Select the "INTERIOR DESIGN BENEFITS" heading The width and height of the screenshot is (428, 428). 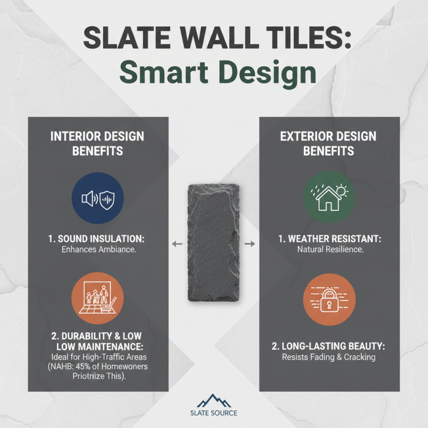pyautogui.click(x=97, y=143)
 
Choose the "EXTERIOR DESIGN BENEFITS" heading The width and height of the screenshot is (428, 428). pyautogui.click(x=329, y=143)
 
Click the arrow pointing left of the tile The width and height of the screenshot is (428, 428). pyautogui.click(x=176, y=244)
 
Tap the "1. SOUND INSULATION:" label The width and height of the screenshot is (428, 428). pyautogui.click(x=97, y=238)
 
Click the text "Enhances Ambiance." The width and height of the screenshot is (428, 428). pyautogui.click(x=97, y=249)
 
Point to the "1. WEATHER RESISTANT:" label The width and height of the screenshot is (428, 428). pyautogui.click(x=329, y=238)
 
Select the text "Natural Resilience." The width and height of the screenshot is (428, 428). pyautogui.click(x=329, y=249)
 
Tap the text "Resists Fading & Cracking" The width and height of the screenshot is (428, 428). pyautogui.click(x=329, y=357)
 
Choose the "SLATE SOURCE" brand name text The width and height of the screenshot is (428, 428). pyautogui.click(x=213, y=413)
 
